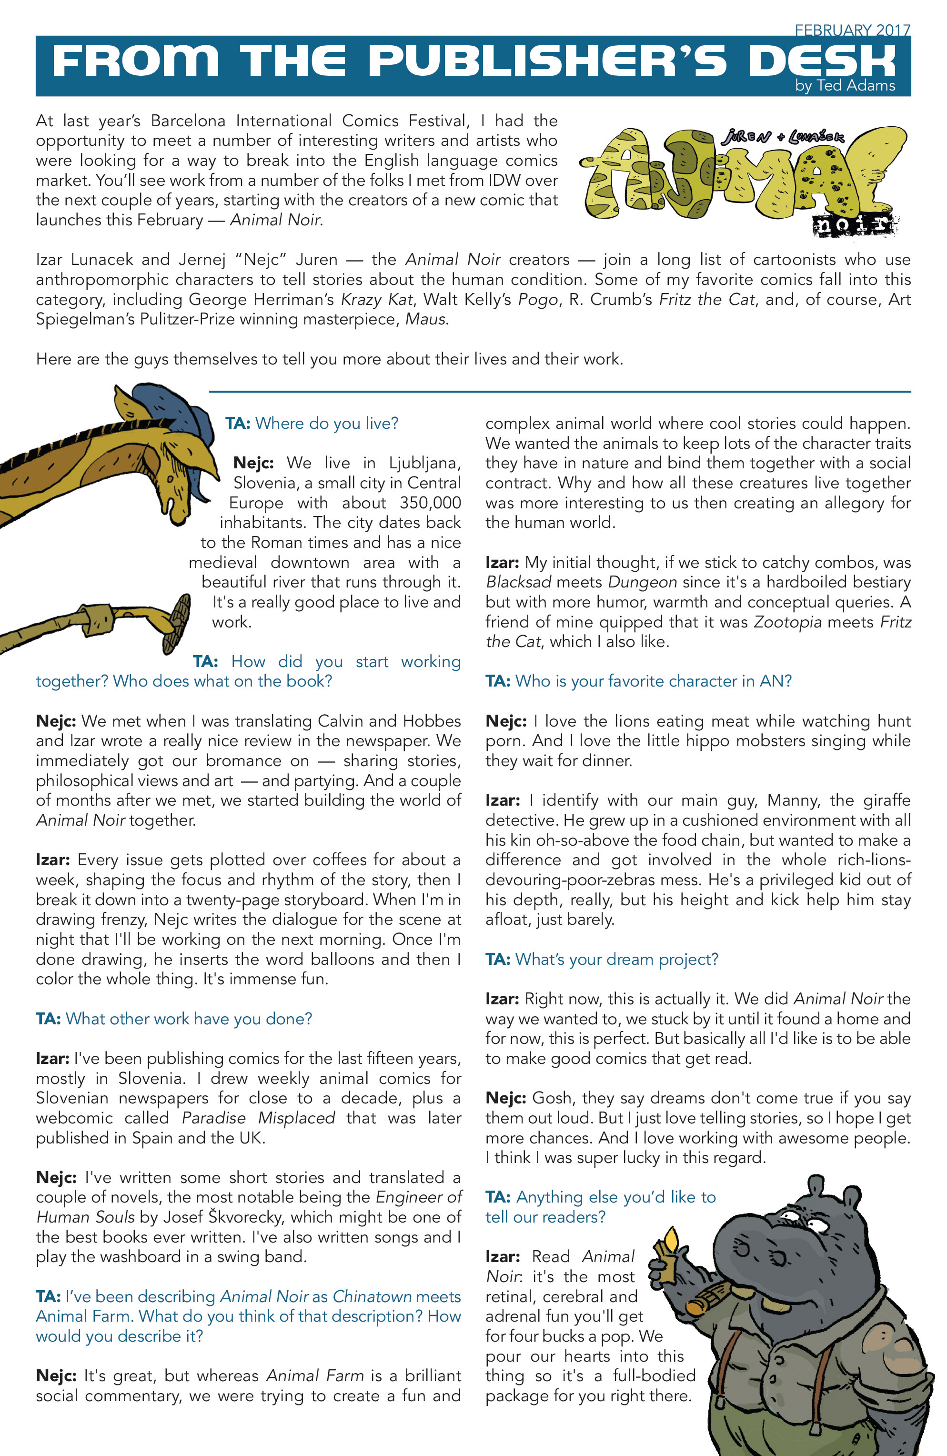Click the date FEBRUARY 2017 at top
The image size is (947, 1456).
[852, 30]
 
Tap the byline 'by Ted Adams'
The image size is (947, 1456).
[845, 86]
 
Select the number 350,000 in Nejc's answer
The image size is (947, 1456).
[430, 503]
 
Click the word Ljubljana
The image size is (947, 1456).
[424, 463]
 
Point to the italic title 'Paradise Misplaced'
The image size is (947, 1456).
[258, 1118]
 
